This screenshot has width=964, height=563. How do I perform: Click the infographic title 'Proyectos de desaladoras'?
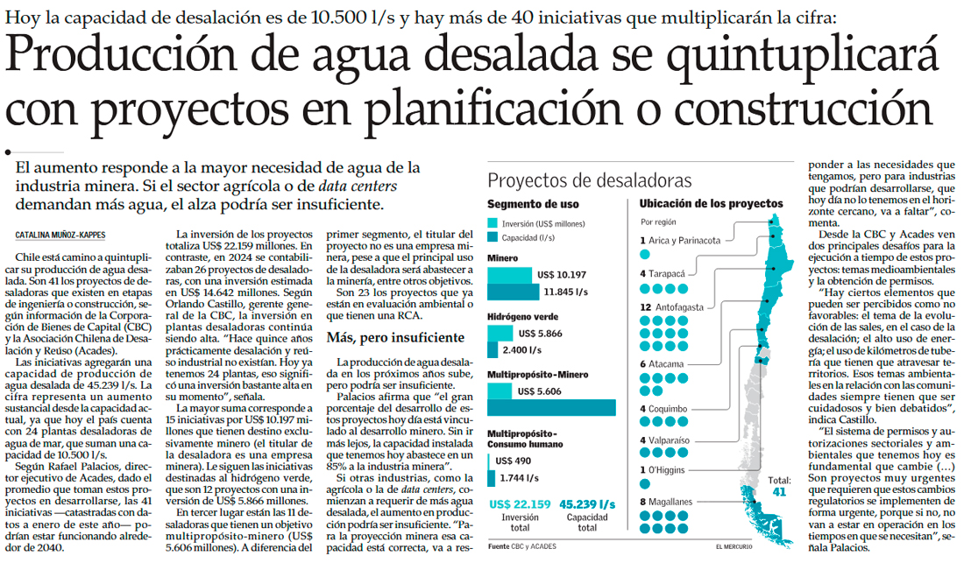click(590, 181)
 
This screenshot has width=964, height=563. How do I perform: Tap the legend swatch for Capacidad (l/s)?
click(493, 237)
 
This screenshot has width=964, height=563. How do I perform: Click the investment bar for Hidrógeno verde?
click(500, 334)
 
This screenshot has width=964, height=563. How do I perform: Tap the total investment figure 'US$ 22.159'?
click(520, 504)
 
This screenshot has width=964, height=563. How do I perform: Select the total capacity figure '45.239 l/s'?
click(589, 504)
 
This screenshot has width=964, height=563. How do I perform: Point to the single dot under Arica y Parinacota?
click(645, 254)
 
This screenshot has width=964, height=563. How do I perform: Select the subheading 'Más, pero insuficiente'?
click(395, 337)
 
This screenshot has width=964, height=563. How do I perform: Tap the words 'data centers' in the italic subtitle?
click(358, 186)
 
